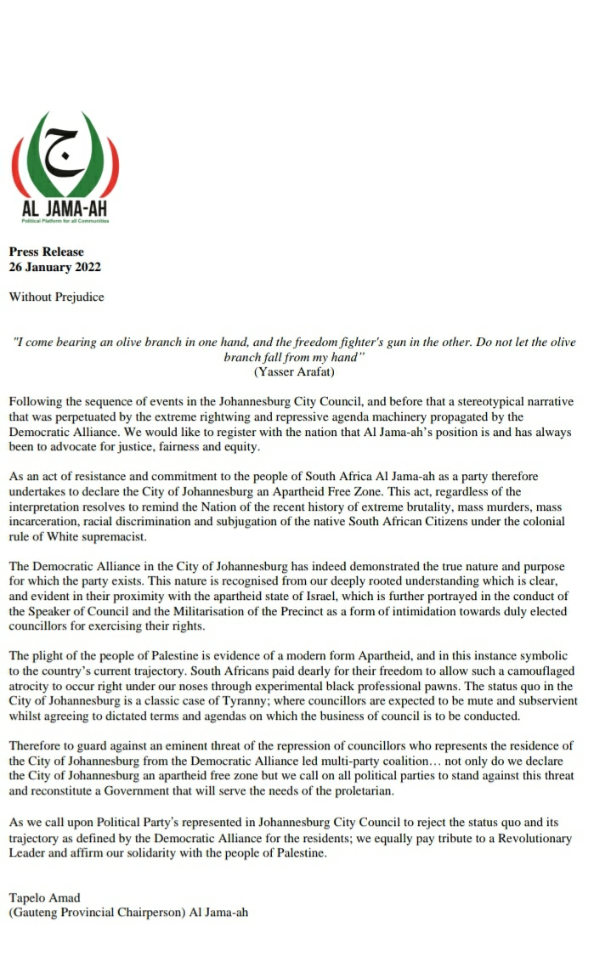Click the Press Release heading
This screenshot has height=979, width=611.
47,252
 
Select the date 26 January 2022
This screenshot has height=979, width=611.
54,267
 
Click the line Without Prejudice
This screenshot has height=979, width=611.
57,297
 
